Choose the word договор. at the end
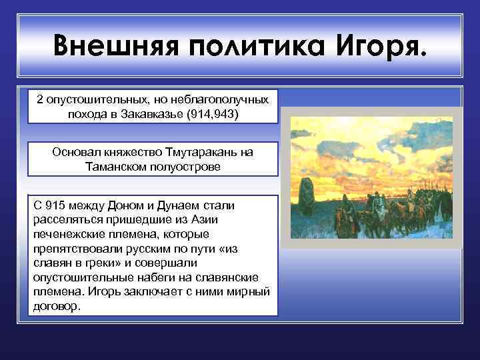(x=56, y=307)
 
